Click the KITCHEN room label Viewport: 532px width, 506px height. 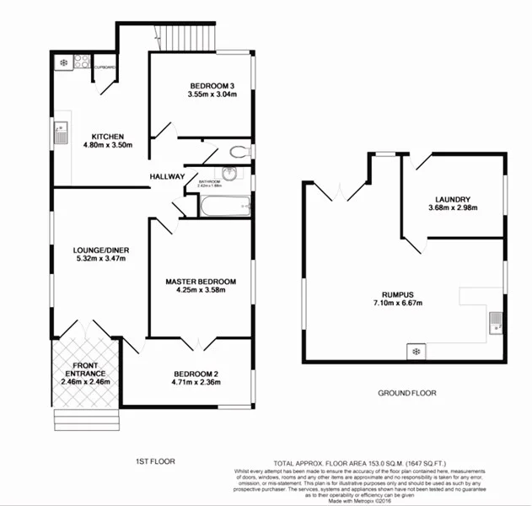coord(108,137)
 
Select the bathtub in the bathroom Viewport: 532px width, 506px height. coord(224,205)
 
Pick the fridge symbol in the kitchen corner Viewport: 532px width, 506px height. coord(62,62)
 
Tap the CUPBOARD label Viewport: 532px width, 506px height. coord(105,66)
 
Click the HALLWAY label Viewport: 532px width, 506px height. coord(168,176)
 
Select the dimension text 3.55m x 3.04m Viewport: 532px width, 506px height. coord(201,95)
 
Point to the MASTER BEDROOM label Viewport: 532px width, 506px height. coord(201,282)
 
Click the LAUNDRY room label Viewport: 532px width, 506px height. coord(453,199)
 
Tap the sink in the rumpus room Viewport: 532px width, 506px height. coord(496,319)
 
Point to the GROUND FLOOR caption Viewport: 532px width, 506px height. coord(406,393)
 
